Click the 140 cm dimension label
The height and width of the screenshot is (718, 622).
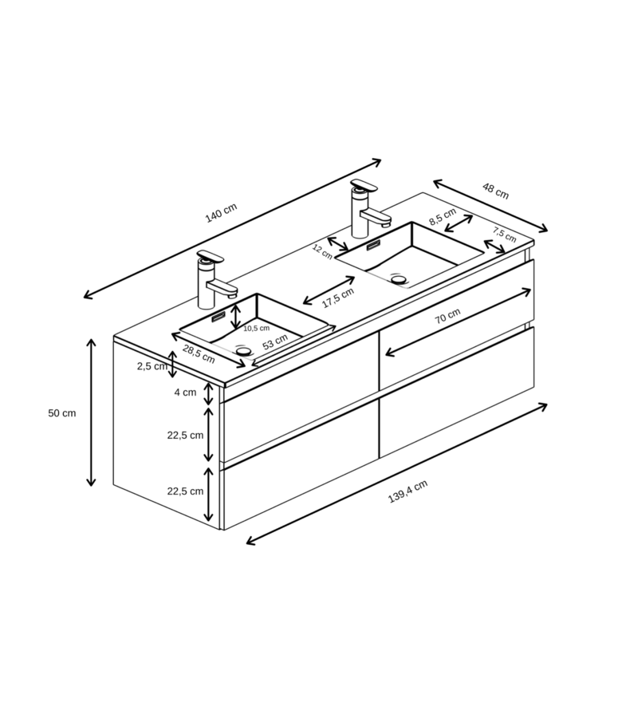coord(221,213)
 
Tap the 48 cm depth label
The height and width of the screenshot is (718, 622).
coord(496,191)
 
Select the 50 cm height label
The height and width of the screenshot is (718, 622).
coord(61,413)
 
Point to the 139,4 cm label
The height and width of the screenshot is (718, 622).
coord(407,491)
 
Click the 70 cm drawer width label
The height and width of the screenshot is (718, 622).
coord(447,316)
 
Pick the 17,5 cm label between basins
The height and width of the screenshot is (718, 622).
coord(338,298)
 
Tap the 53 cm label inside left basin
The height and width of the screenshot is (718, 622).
coord(275,342)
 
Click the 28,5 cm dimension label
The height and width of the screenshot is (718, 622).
coord(199,354)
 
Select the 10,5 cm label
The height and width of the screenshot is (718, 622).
coord(256,329)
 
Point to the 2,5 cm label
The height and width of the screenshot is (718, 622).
coord(152,366)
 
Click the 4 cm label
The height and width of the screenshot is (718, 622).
coord(185,393)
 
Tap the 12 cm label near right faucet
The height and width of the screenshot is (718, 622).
coord(322,252)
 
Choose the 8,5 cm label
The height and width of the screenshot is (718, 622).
coord(443,216)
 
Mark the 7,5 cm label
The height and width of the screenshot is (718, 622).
coord(504,235)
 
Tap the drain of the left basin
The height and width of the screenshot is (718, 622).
coord(244,351)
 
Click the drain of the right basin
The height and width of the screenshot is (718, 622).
coord(399,279)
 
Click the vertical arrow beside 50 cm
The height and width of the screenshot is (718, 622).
coord(92,412)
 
